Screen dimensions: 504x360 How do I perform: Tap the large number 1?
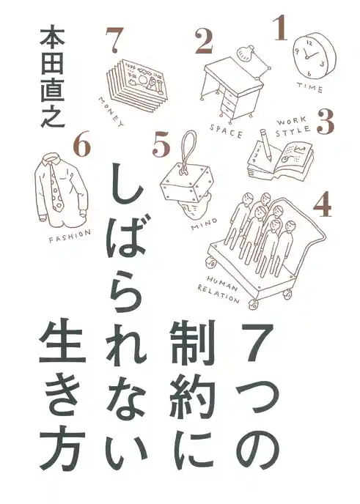click(x=279, y=29)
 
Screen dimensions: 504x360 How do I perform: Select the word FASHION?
click(x=70, y=234)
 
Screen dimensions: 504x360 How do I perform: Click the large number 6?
click(x=82, y=147)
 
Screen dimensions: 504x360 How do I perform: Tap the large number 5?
click(x=161, y=144)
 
